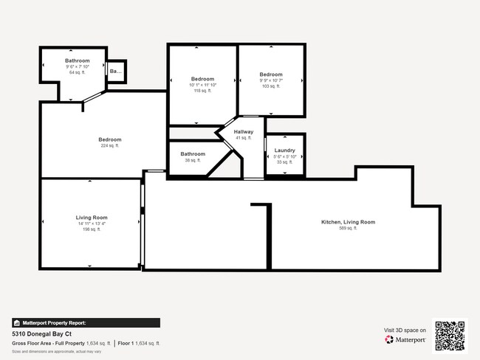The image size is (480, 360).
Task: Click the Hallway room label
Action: pyautogui.click(x=244, y=132)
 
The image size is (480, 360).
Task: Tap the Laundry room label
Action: pyautogui.click(x=284, y=150)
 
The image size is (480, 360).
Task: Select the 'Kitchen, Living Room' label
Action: pyautogui.click(x=348, y=222)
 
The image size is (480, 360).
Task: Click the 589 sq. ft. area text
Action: pyautogui.click(x=348, y=229)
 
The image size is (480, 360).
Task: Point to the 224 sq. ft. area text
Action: pyautogui.click(x=110, y=146)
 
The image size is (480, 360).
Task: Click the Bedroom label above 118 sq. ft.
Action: pyautogui.click(x=202, y=79)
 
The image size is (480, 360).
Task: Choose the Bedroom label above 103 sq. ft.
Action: pyautogui.click(x=271, y=75)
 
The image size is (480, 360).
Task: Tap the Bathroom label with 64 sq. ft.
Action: pyautogui.click(x=77, y=60)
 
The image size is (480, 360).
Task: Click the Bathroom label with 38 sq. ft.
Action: pyautogui.click(x=193, y=154)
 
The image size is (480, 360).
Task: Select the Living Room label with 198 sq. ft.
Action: pyautogui.click(x=92, y=218)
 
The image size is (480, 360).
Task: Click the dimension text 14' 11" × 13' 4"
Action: pyautogui.click(x=92, y=224)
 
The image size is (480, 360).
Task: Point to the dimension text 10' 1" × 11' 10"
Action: pyautogui.click(x=202, y=85)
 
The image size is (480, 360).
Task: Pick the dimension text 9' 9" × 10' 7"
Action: pyautogui.click(x=271, y=80)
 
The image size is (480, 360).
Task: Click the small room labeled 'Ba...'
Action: pyautogui.click(x=116, y=71)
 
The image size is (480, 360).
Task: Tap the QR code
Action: pyautogui.click(x=450, y=336)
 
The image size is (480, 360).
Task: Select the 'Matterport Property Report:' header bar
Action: pyautogui.click(x=86, y=322)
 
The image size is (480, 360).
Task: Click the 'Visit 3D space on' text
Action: pyautogui.click(x=405, y=330)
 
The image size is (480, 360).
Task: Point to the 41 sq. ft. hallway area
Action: pyautogui.click(x=244, y=138)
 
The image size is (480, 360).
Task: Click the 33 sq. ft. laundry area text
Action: pyautogui.click(x=284, y=162)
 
